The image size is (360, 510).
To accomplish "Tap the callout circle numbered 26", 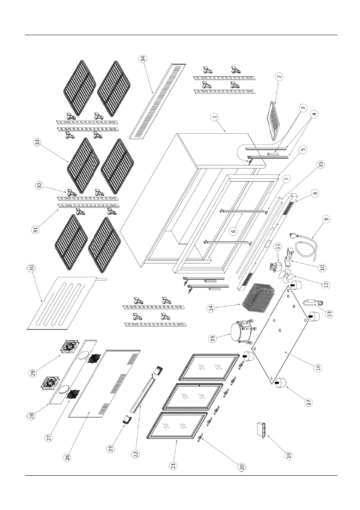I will (x=67, y=457).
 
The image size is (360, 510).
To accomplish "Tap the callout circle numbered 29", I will (x=32, y=373).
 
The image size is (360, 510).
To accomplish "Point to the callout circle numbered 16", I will (x=318, y=368).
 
